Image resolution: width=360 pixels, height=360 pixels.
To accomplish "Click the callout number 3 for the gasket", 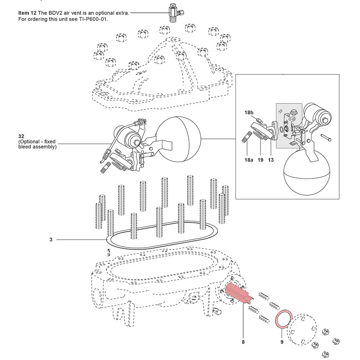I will coord(51,240).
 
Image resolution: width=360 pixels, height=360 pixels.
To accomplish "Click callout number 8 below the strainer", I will coord(243,342).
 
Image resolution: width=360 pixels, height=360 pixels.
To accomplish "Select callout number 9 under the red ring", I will coord(282,342).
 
